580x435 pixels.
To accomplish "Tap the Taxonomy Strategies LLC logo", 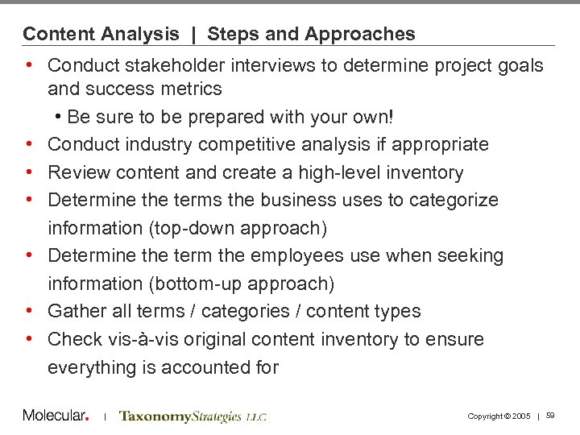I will click(193, 416).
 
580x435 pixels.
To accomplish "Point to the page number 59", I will click(551, 416).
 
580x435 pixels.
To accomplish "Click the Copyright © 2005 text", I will click(499, 416).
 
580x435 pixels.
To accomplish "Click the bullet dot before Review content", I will click(29, 172).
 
